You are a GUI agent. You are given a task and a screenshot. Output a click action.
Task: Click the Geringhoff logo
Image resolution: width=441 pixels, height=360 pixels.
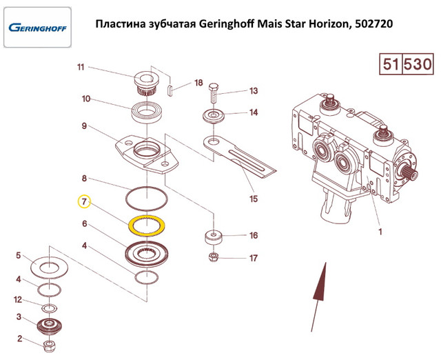[x=37, y=28]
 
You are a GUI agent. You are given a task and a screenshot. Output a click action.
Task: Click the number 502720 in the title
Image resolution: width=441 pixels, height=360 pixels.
[x=373, y=24]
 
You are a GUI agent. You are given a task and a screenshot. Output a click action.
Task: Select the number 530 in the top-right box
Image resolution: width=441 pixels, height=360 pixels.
[x=418, y=64]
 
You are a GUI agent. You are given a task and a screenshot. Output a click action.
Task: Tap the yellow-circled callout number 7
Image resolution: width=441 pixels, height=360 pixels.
[x=84, y=201]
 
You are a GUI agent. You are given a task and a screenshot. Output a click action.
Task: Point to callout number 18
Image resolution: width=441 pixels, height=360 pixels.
[x=198, y=83]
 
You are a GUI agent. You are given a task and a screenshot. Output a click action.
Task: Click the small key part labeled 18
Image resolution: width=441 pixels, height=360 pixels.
[x=170, y=91]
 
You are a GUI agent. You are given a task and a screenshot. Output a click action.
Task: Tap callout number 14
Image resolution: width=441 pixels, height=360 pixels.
[x=254, y=112]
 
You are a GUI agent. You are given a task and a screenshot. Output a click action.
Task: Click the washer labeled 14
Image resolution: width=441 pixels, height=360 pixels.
[x=214, y=117]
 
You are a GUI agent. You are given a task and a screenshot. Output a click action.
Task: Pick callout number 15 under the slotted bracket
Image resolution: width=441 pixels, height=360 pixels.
[x=254, y=199]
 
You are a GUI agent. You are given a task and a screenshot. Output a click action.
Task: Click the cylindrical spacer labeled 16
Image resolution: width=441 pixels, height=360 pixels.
[x=213, y=238]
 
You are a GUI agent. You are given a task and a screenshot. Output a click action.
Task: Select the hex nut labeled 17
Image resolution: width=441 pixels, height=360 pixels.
[x=214, y=257]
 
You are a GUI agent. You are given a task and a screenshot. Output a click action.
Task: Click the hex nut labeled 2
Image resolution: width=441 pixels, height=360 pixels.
[x=50, y=346]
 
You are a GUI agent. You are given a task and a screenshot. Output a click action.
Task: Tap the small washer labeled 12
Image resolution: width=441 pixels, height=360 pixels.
[x=50, y=308]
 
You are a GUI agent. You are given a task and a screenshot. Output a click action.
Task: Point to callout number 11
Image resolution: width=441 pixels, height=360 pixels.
[x=81, y=68]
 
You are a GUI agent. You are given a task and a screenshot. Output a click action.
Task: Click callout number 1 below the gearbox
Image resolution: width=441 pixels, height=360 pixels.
[x=380, y=232]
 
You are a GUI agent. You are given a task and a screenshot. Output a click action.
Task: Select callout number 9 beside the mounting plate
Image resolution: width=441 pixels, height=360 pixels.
[x=84, y=126]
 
